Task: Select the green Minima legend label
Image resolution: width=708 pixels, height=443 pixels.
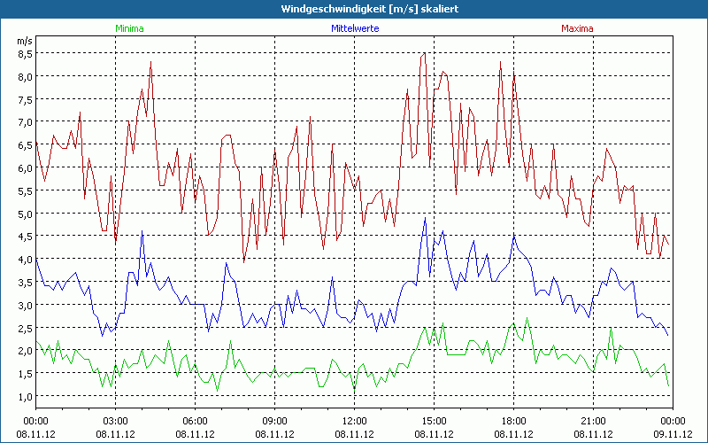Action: point(129,28)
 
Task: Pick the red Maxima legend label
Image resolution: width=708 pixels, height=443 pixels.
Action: point(578,28)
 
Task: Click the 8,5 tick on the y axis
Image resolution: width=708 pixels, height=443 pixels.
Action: point(25,53)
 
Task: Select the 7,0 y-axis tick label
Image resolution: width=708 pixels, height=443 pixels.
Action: point(25,121)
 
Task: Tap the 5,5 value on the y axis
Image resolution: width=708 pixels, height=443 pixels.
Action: point(25,190)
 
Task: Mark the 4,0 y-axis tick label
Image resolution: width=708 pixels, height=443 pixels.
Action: point(25,259)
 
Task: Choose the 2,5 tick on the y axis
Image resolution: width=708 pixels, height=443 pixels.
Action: point(25,327)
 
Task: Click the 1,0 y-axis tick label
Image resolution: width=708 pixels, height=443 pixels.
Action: point(25,395)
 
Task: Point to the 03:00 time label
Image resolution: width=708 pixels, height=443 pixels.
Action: point(116,421)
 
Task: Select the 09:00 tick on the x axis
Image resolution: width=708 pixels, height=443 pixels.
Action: point(274,421)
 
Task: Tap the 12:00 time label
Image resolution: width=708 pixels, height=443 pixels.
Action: point(354,421)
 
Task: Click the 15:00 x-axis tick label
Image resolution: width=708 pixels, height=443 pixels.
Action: point(434,421)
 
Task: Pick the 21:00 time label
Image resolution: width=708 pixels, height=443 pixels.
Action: point(593,421)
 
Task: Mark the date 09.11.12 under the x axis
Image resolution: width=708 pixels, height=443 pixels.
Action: point(673,434)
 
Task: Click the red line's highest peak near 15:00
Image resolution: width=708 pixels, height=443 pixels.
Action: point(426,52)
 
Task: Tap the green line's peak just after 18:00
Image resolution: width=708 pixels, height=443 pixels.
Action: point(527,319)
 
